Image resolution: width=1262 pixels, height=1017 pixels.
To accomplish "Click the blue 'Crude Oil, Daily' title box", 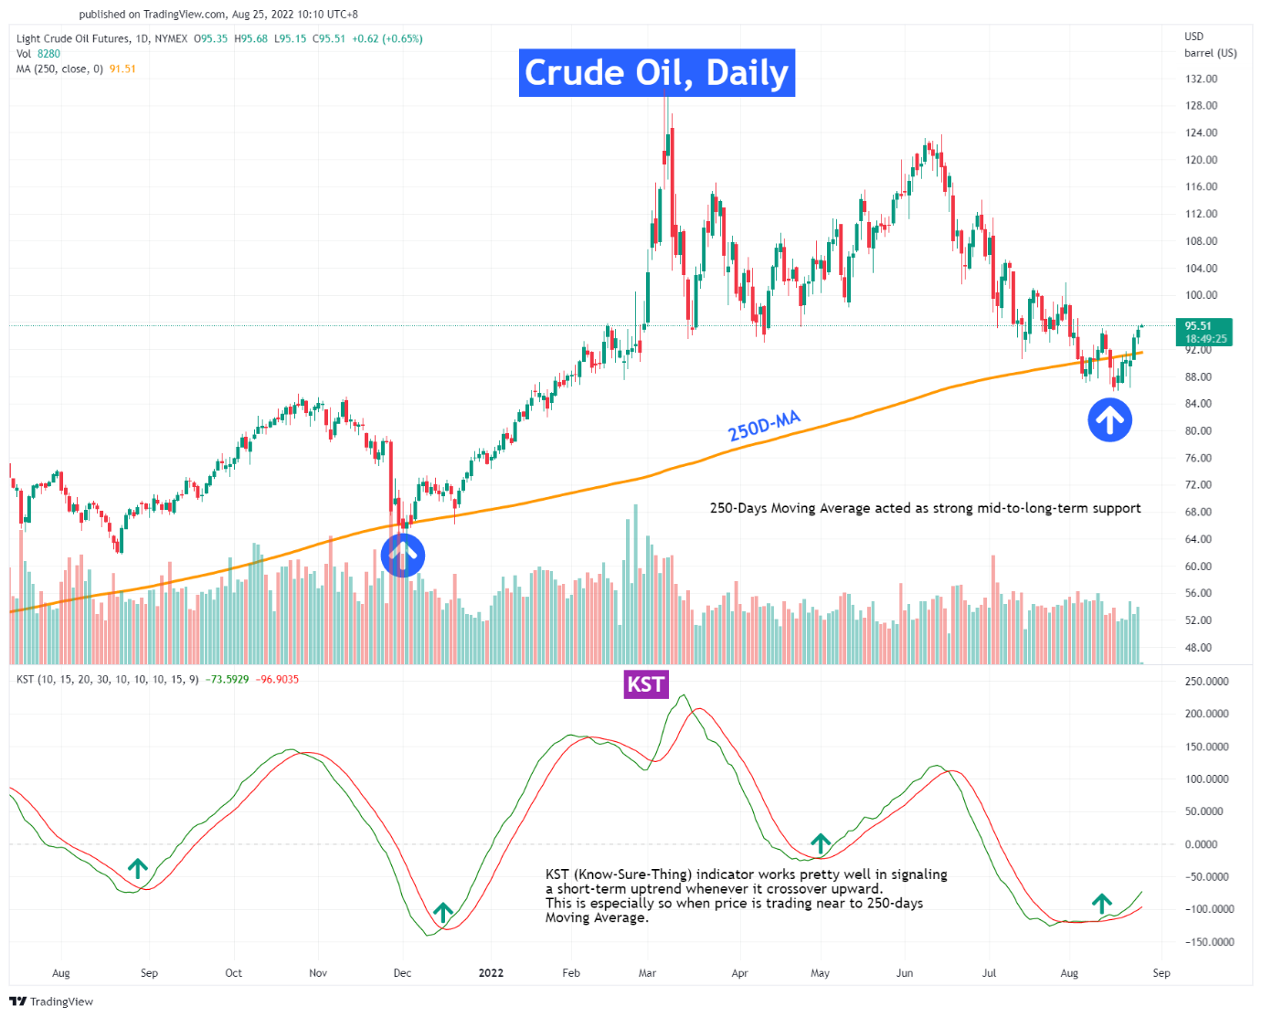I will [x=656, y=73].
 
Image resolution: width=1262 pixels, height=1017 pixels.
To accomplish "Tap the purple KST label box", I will [x=645, y=684].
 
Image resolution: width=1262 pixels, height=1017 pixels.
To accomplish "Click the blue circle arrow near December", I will [x=402, y=555].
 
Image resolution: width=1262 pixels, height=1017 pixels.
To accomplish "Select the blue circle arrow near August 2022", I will [x=1109, y=420].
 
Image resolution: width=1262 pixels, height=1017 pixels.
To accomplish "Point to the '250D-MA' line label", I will [x=764, y=426].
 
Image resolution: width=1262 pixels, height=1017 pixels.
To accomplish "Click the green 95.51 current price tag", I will [x=1205, y=332].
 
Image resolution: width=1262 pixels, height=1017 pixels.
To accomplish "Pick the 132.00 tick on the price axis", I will [x=1201, y=79].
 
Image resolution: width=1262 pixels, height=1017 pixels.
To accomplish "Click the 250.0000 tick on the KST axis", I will [x=1206, y=682].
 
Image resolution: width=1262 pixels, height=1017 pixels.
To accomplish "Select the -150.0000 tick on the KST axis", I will [x=1208, y=942].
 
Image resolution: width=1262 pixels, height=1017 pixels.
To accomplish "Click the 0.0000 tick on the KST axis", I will [x=1206, y=844].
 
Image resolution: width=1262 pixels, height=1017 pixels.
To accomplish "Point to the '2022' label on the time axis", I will [x=491, y=973].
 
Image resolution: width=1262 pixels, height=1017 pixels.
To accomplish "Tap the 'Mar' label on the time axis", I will [x=647, y=973].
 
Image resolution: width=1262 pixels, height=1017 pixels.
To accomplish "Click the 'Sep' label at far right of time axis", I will [x=1161, y=973].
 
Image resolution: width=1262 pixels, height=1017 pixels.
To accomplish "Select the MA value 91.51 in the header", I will [x=122, y=69].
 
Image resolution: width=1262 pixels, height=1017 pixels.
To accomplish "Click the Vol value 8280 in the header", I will [x=48, y=54].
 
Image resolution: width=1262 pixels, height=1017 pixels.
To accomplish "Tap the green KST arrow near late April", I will [x=821, y=842].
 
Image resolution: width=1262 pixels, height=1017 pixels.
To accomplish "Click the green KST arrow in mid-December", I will [x=443, y=912].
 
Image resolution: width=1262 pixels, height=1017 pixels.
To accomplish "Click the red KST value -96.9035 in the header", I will [x=277, y=680].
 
